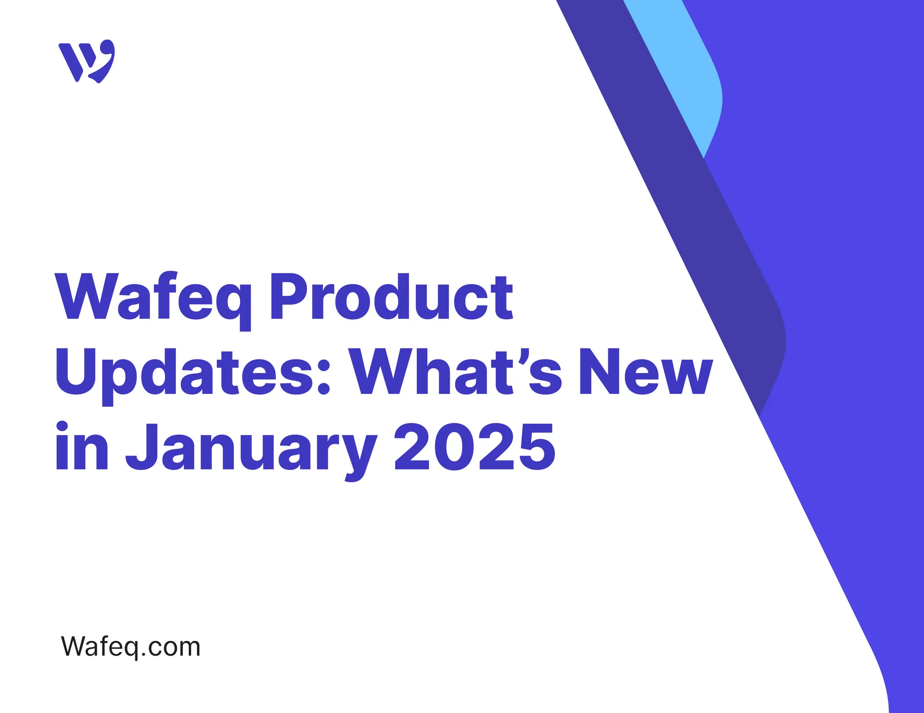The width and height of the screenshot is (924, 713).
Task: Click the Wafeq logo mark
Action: coord(87,61)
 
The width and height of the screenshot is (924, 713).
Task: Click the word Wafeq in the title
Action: coord(153,298)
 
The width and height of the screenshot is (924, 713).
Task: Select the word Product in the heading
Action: coord(391,298)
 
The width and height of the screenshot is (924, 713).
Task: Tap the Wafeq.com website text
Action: coord(130,647)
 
